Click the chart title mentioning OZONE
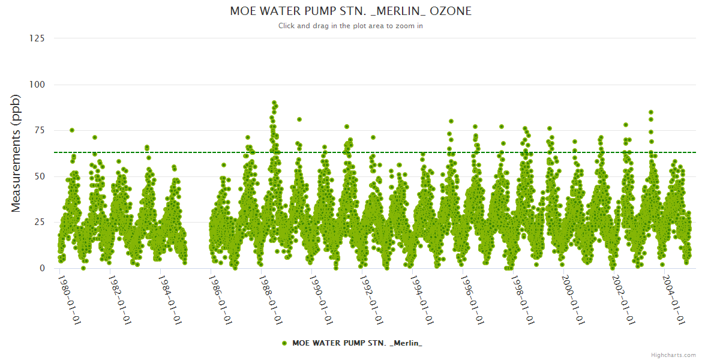click(x=350, y=11)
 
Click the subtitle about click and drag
click(x=350, y=26)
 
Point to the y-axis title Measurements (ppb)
click(x=16, y=153)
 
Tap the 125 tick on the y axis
click(x=37, y=38)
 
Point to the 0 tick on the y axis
click(x=41, y=268)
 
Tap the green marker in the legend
click(x=284, y=343)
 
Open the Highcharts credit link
click(x=673, y=355)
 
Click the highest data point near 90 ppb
click(x=274, y=103)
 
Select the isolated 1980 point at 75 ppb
click(x=72, y=130)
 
